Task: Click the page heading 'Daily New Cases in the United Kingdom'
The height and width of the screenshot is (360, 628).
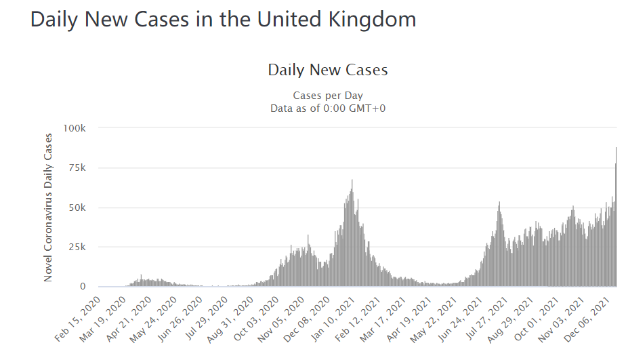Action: point(223,20)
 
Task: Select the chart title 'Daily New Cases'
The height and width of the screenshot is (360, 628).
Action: point(328,70)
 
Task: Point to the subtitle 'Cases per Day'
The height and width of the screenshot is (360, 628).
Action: point(328,96)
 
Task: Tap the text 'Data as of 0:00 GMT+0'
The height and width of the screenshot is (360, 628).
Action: point(328,108)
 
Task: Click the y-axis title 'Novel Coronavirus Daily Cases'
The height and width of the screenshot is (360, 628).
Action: point(48,207)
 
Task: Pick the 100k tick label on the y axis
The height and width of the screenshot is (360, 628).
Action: point(75,128)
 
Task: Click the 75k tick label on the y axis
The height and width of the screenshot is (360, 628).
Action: point(77,167)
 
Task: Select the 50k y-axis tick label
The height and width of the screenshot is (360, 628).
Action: point(77,207)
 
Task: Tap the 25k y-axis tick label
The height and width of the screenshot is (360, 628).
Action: point(77,247)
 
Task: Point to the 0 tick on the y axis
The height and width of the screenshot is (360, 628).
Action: point(83,286)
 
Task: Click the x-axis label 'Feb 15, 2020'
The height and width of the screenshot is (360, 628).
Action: point(78,319)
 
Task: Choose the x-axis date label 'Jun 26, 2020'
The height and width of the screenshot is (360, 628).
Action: point(180,319)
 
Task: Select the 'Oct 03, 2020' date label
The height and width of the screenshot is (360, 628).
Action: point(256,319)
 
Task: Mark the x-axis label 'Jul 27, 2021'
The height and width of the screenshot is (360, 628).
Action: point(486,319)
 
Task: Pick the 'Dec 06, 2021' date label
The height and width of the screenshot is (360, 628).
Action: point(588,319)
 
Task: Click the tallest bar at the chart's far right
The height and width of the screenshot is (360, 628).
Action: point(616,217)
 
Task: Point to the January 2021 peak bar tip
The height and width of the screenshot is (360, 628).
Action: point(352,180)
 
